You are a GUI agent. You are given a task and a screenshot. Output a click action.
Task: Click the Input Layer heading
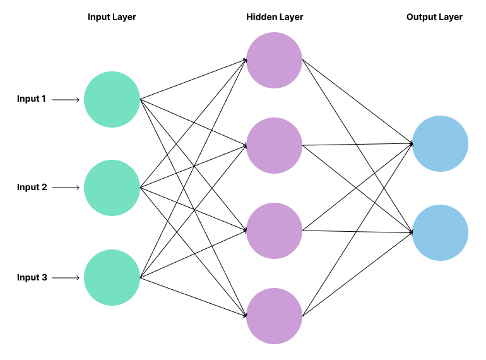(x=112, y=17)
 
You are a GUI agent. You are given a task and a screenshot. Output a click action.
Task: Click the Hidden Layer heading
(x=275, y=17)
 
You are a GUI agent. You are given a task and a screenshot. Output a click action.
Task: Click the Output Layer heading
(x=434, y=17)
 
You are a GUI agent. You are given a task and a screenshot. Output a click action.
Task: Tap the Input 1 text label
(x=32, y=99)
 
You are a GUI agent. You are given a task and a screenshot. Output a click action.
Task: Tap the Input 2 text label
(x=32, y=188)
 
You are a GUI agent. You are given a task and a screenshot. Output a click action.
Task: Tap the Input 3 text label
(x=32, y=277)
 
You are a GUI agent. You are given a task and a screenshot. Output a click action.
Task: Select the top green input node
(x=112, y=100)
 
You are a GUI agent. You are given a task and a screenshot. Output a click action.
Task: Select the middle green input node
(x=112, y=188)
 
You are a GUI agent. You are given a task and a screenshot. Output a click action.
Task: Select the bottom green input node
(x=112, y=278)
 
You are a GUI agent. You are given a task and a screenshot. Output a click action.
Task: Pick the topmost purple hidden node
(x=274, y=61)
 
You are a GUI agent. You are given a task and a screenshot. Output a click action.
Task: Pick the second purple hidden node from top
(x=274, y=145)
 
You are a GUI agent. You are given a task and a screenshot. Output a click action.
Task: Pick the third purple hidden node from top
(x=274, y=231)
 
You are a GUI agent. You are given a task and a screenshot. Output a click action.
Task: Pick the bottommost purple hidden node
(x=274, y=316)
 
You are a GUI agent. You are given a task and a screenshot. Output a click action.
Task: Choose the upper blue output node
(x=440, y=144)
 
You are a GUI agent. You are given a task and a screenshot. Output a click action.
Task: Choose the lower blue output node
(x=440, y=232)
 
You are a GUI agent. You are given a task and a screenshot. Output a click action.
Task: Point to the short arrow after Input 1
(x=66, y=100)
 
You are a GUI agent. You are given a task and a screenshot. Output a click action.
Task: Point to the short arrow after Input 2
(x=66, y=188)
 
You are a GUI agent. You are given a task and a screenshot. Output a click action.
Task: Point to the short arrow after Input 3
(x=66, y=278)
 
